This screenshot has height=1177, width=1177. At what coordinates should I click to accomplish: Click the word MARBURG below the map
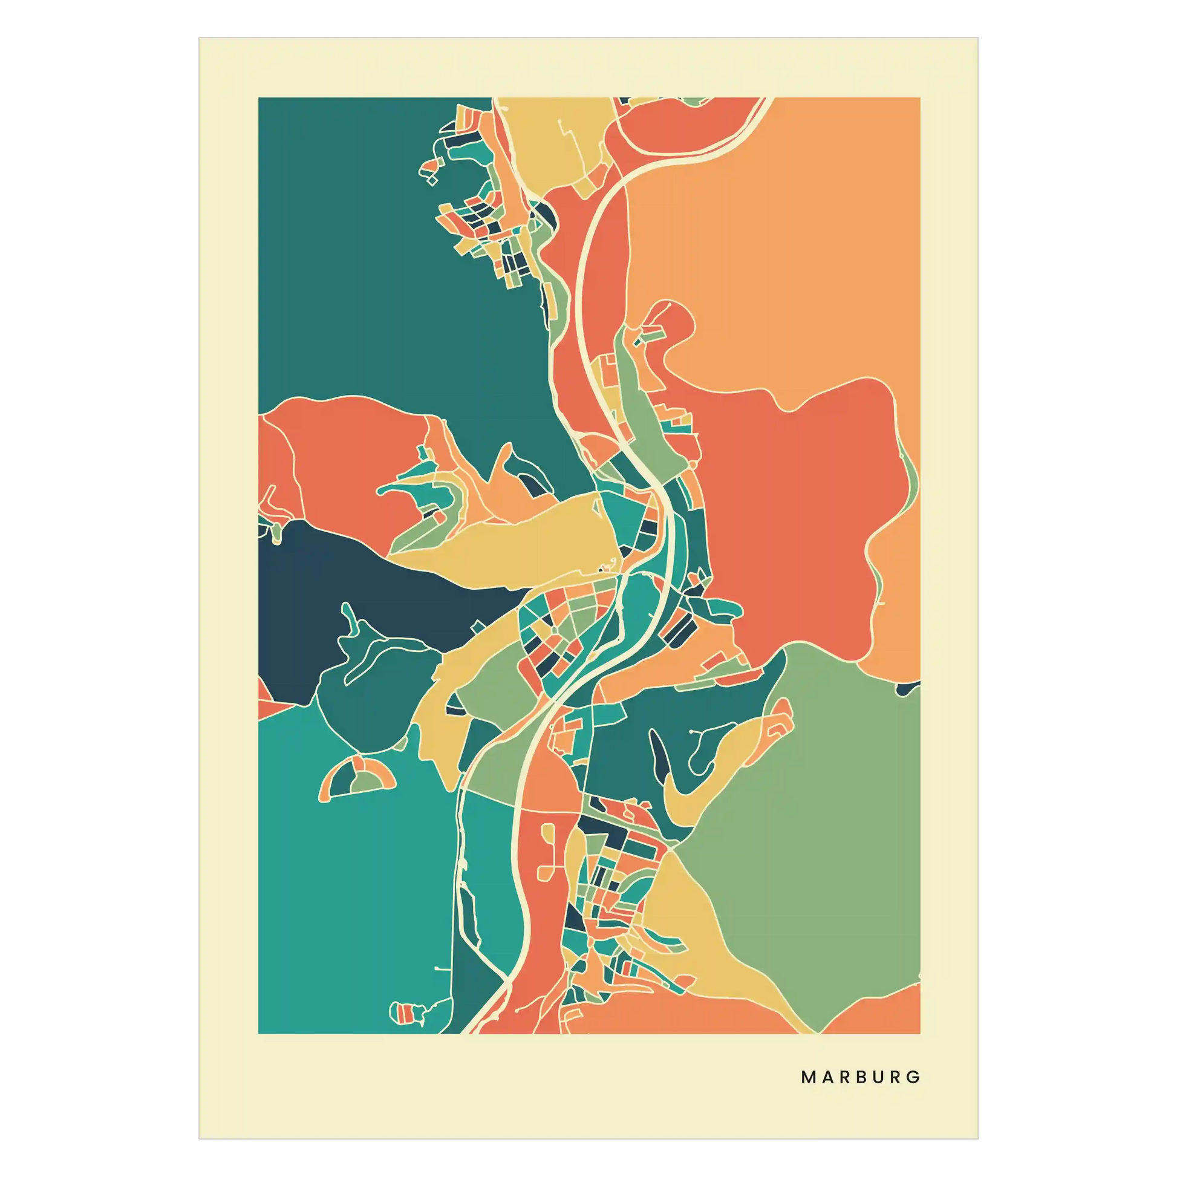coord(860,1077)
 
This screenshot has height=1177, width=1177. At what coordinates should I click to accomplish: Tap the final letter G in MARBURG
coord(913,1077)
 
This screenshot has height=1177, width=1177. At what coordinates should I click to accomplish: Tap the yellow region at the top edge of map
coord(549,140)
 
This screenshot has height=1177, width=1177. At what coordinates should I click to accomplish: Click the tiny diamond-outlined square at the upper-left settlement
coord(432,180)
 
